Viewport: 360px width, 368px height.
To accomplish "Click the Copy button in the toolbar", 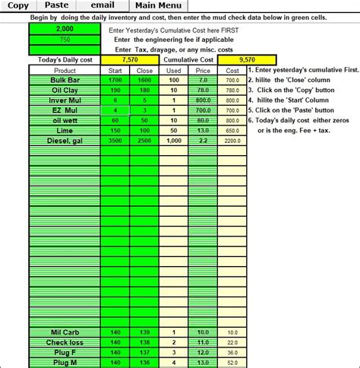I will (18, 5).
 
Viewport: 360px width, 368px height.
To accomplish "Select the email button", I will (102, 5).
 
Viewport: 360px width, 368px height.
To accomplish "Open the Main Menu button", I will (158, 5).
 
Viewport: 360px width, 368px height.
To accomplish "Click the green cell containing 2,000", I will (64, 28).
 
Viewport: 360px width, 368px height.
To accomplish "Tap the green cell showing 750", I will (64, 39).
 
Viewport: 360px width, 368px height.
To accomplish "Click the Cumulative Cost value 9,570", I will (246, 59).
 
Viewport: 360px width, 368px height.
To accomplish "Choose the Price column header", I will (203, 70).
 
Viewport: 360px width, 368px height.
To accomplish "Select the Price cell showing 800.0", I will (203, 100).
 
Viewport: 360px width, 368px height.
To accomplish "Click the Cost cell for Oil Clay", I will (232, 90).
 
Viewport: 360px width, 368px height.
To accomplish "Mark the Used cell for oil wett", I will (173, 120).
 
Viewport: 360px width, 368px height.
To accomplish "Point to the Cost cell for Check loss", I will (232, 342).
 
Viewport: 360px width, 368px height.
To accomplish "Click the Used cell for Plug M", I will (173, 362).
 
